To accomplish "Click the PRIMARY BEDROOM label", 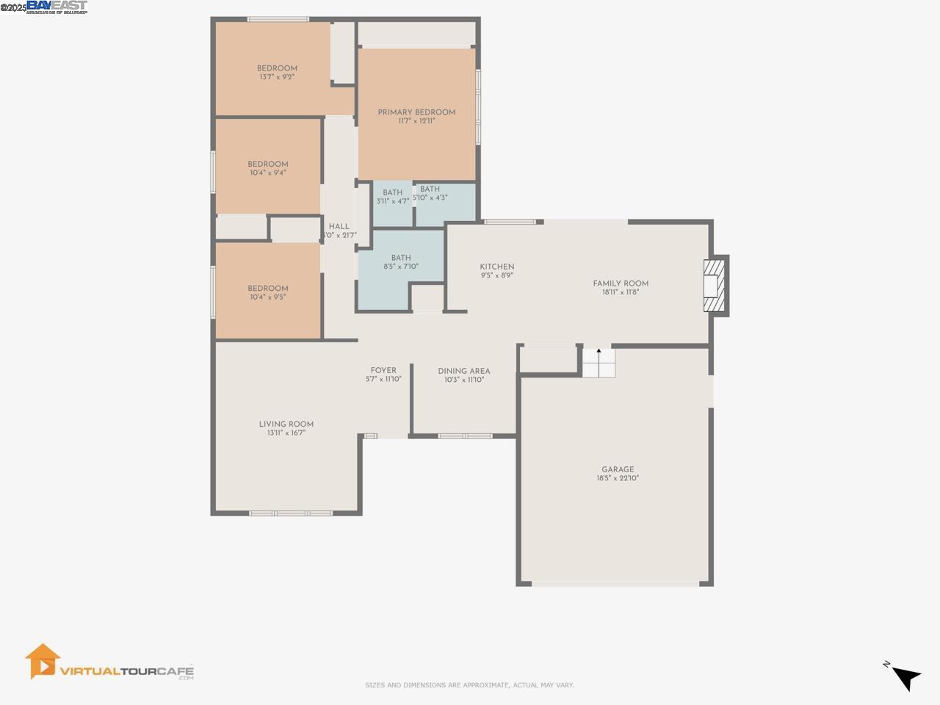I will coord(416,112).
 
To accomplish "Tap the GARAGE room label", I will coord(618,469).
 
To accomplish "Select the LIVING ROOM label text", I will coord(286,424).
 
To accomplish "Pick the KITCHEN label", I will coord(497,267).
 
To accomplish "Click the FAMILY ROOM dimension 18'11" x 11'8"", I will coord(621,292).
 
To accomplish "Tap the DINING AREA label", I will coord(463,371).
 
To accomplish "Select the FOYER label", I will coord(383,370).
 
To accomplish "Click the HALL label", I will coord(339,226).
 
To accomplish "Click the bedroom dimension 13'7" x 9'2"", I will coord(277,77).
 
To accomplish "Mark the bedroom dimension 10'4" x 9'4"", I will coord(267,173).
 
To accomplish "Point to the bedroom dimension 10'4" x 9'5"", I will coord(267,297).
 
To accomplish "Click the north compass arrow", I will coord(907,677).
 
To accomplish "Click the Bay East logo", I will coord(57,7).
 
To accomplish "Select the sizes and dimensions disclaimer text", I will coord(469,685).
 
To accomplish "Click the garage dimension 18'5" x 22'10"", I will coord(618,478).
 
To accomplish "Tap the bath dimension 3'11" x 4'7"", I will coord(392,201).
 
